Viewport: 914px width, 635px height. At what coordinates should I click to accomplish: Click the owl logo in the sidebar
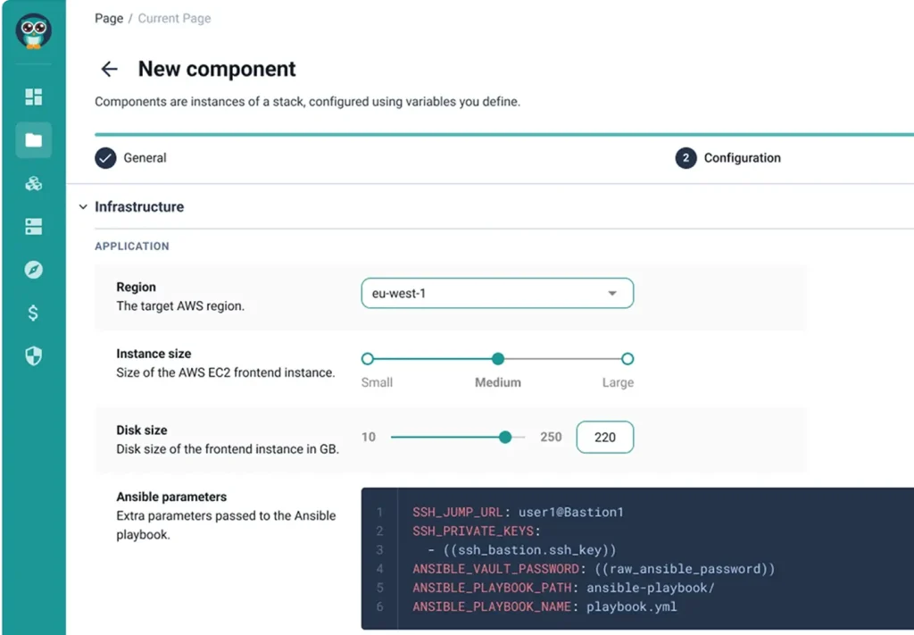click(x=33, y=31)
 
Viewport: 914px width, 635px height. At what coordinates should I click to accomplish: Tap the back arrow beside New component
click(x=109, y=69)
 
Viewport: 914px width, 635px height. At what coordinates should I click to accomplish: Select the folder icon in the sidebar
click(x=33, y=140)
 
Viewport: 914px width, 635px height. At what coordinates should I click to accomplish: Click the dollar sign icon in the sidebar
click(x=33, y=313)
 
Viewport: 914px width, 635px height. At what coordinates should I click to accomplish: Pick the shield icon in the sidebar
click(x=33, y=355)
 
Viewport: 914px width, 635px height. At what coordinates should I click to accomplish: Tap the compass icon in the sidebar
click(x=33, y=270)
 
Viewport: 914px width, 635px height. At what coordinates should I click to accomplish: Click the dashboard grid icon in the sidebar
click(x=33, y=96)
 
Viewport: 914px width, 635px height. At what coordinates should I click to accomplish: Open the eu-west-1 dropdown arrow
click(x=612, y=293)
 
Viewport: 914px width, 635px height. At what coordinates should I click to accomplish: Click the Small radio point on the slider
click(x=367, y=359)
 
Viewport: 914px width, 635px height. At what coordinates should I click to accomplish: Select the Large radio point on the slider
click(x=627, y=359)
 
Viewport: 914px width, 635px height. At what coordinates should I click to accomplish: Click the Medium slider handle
click(x=498, y=359)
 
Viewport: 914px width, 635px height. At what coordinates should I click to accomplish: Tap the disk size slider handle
click(x=505, y=437)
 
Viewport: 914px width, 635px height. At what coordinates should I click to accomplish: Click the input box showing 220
click(x=605, y=437)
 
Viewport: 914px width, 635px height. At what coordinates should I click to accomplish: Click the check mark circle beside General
click(x=105, y=158)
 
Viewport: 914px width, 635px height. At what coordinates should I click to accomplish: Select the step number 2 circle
click(x=686, y=158)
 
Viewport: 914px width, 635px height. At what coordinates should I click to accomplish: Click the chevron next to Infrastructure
click(x=83, y=207)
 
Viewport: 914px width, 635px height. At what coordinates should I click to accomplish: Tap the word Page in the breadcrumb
click(x=109, y=18)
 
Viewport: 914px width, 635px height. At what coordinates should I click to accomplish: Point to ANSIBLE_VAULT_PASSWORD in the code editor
click(x=496, y=569)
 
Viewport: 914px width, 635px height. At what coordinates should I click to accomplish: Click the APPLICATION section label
click(x=132, y=246)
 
